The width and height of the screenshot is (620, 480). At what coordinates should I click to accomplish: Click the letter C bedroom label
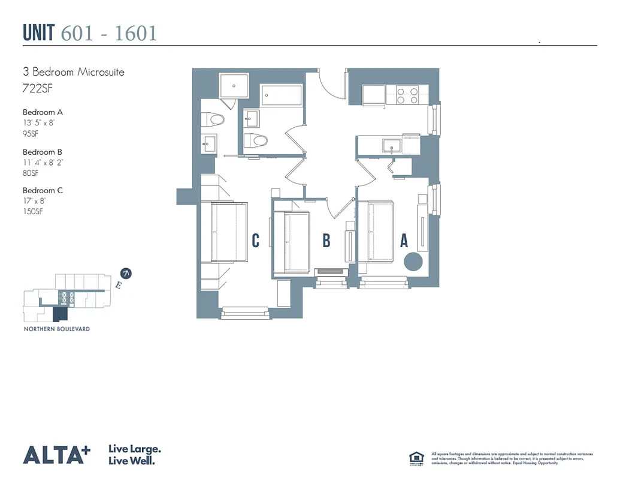pos(256,241)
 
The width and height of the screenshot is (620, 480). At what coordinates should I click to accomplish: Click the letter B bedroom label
pos(326,241)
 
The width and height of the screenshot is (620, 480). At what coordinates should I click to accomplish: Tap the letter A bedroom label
pos(404,241)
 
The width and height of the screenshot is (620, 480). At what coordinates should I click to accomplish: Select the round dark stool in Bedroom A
pos(413,262)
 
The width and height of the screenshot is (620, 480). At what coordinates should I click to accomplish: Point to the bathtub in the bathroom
pos(281,95)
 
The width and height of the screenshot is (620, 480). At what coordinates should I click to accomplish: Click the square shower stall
pos(233,86)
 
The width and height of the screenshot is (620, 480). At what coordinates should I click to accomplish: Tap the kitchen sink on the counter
pos(393,146)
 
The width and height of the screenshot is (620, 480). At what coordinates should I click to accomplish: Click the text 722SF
pos(35,90)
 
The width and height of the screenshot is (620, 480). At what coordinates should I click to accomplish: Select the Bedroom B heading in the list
pos(43,152)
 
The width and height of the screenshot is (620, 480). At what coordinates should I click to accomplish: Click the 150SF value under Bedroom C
pos(34,211)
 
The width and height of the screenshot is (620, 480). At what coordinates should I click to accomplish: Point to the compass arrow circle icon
pos(126,274)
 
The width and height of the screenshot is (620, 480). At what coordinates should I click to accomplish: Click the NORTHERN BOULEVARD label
pos(57,329)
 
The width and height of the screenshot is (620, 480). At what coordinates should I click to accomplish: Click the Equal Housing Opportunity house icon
pos(416,457)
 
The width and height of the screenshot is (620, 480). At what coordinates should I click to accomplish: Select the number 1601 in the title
pos(136,33)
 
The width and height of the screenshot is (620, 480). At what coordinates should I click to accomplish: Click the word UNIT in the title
pos(40,33)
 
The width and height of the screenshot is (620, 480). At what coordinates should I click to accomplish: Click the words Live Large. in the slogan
pos(134,449)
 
